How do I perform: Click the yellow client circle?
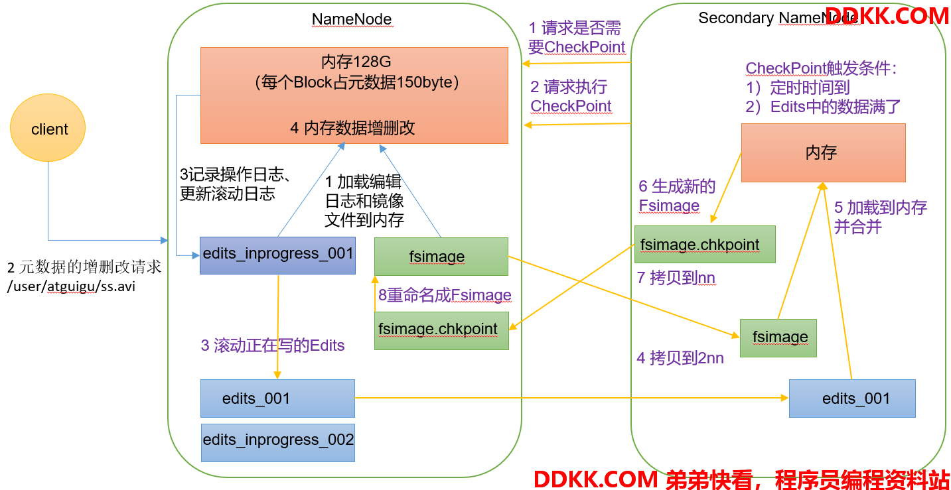point(48,128)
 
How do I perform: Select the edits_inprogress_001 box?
point(277,255)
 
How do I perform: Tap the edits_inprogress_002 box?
point(278,442)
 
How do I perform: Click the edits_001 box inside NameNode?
point(277,398)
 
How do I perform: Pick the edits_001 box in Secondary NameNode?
point(852,398)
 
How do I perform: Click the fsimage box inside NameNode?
point(441,256)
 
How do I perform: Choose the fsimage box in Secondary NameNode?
point(778,337)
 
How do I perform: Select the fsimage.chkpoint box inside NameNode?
point(441,331)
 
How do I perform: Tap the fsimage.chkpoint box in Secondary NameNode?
point(705,245)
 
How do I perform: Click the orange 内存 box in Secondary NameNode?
point(823,153)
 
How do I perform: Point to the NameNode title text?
point(352,19)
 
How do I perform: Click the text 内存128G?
point(356,62)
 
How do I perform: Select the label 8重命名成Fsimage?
point(445,295)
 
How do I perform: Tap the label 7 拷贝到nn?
point(676,278)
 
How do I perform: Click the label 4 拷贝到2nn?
point(680,358)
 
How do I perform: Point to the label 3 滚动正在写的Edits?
point(273,345)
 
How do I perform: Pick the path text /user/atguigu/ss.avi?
point(71,286)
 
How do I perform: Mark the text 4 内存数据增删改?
point(352,128)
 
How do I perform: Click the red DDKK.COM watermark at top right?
point(887,16)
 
